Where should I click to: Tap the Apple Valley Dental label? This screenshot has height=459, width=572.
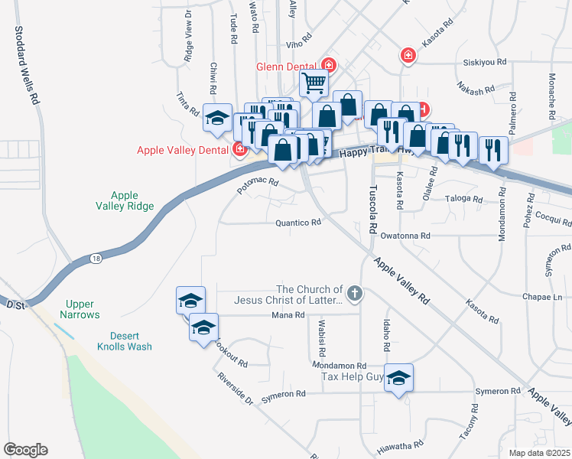184,150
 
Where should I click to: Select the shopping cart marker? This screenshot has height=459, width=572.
313,83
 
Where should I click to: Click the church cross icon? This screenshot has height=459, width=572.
353,292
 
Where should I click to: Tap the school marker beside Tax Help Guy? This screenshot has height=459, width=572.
398,378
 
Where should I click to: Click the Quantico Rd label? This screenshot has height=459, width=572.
298,223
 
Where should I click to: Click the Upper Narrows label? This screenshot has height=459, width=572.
83,309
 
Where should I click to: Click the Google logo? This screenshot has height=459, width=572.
25,450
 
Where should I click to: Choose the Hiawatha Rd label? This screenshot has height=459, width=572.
401,444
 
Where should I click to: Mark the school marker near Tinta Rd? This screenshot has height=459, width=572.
217,118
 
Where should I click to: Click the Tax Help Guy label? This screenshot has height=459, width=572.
352,377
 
